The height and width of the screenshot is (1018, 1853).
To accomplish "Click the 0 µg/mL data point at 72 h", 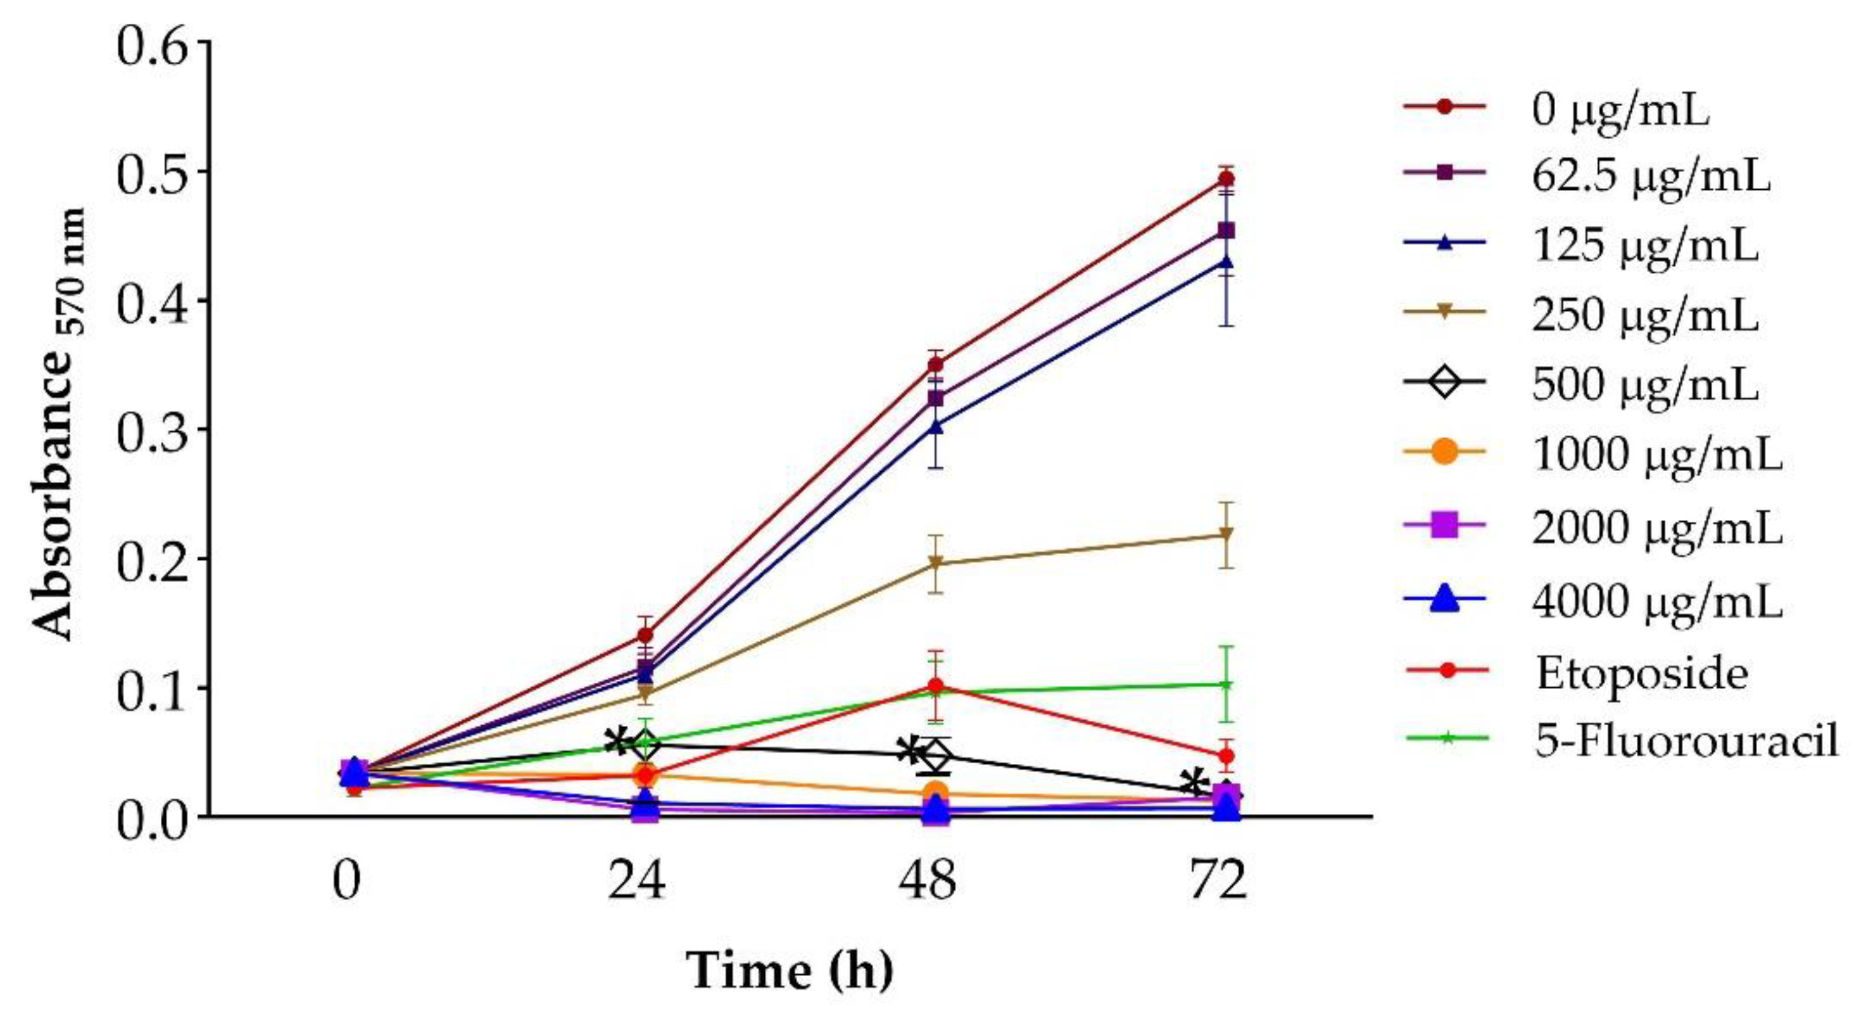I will click(1227, 179).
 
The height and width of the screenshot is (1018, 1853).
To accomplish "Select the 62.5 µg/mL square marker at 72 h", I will click(1227, 230).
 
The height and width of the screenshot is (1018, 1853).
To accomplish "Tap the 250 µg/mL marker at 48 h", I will click(935, 562).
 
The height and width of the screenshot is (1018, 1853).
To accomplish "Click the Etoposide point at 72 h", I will click(1227, 756).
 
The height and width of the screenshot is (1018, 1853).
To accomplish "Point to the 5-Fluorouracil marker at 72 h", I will click(1227, 684).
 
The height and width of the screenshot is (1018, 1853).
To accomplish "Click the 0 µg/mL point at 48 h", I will click(935, 365).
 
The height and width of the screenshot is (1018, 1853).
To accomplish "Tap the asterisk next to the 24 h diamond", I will click(617, 742).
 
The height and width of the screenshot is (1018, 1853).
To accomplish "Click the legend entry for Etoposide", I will click(1641, 674).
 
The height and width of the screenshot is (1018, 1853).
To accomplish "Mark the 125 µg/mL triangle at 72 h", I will click(1227, 262).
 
